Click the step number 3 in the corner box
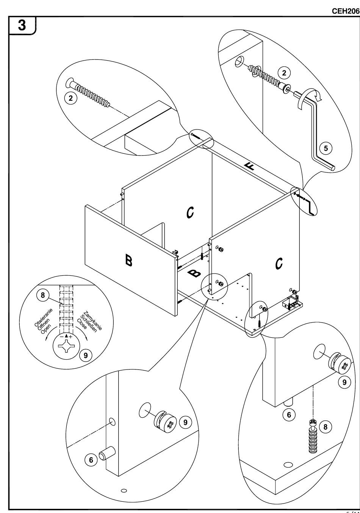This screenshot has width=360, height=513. tap(22, 25)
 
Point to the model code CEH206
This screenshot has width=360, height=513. tap(345, 11)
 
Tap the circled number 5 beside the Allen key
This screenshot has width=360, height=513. tap(326, 147)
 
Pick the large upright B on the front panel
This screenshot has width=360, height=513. tap(129, 260)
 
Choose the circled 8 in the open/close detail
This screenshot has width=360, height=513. tap(45, 296)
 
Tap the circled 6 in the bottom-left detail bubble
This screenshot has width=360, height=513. tap(91, 460)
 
